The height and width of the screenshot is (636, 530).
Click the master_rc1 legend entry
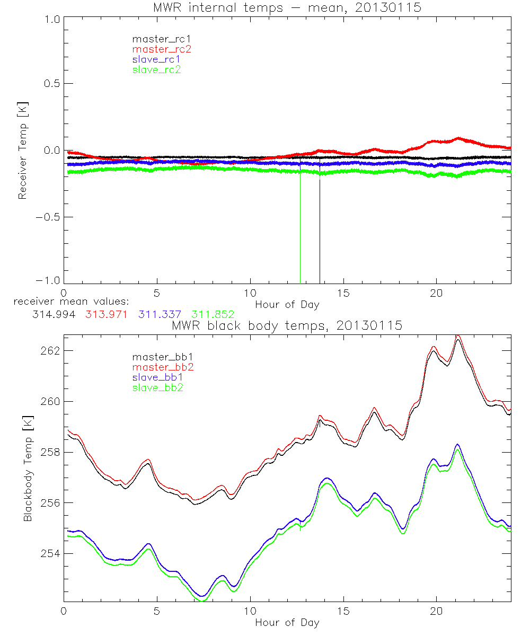click(156, 39)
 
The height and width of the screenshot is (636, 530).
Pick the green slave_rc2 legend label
click(156, 69)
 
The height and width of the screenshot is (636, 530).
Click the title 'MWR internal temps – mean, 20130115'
click(287, 8)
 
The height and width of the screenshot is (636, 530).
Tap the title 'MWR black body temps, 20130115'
click(287, 326)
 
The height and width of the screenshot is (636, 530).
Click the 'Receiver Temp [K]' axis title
click(22, 151)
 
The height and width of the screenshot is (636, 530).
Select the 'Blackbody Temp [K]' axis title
click(28, 469)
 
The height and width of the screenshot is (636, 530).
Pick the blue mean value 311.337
click(161, 314)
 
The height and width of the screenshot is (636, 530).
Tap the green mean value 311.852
click(213, 314)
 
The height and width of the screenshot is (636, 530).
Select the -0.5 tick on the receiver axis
click(48, 217)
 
